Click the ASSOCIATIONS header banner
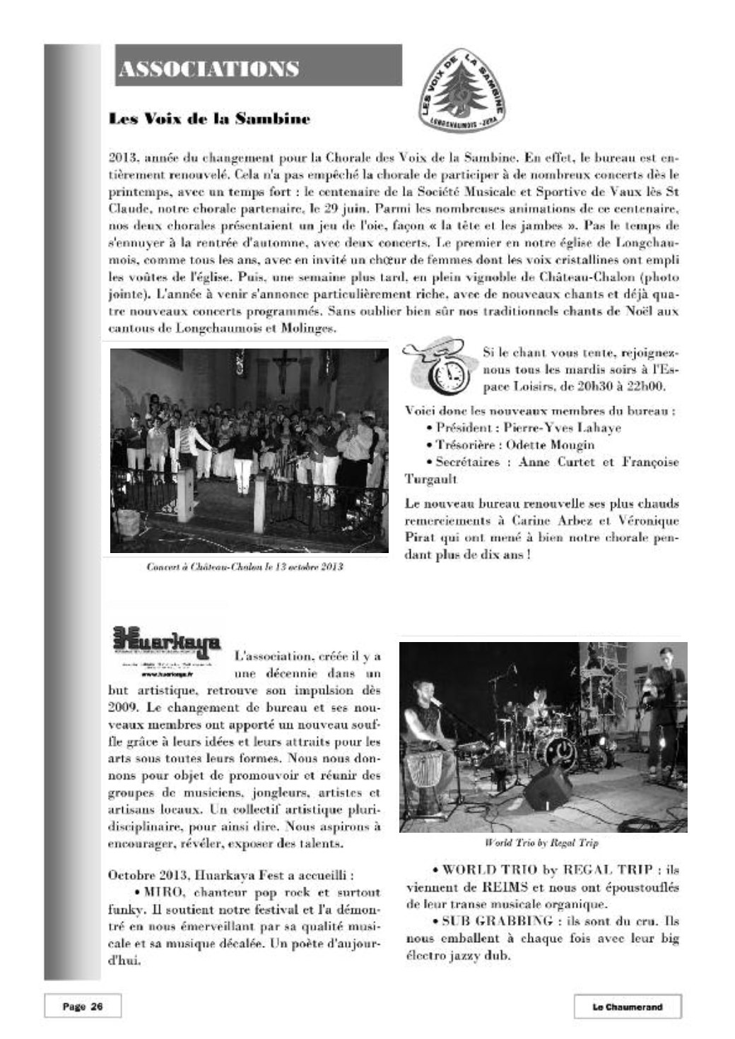tap(258, 66)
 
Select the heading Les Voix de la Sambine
tap(209, 119)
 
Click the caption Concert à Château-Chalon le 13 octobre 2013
tap(245, 566)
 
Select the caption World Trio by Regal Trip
tap(542, 843)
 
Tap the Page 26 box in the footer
tap(83, 1007)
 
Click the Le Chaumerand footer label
tap(627, 1007)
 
